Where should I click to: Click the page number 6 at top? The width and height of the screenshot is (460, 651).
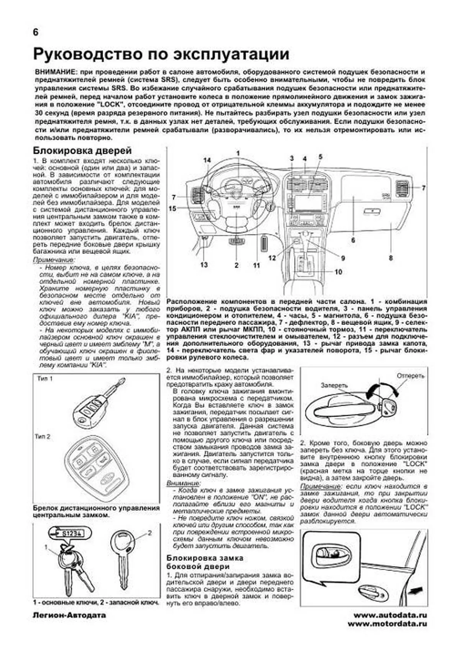tap(36, 33)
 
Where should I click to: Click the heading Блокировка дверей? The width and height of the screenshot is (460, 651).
tap(82, 150)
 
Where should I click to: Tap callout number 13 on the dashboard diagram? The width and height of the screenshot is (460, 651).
tap(204, 264)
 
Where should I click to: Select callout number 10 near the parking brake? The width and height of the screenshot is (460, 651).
tap(338, 272)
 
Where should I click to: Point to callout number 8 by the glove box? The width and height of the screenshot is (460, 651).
tap(390, 258)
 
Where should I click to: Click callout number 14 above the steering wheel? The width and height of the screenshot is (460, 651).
tap(207, 160)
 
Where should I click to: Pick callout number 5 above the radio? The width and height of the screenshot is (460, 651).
tap(320, 157)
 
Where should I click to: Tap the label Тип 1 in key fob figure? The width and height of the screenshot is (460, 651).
tap(45, 379)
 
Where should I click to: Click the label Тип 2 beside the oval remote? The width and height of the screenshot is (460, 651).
tap(42, 437)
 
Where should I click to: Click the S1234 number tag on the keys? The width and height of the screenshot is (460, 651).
tap(72, 533)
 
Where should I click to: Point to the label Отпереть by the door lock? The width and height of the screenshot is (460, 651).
tap(411, 375)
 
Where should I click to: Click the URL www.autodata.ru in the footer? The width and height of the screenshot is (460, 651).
tap(389, 615)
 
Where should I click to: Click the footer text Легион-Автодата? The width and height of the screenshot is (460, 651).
tap(69, 615)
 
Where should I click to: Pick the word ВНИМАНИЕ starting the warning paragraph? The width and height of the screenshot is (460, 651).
tap(54, 73)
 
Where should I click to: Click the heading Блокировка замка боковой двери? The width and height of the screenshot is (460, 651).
tap(205, 562)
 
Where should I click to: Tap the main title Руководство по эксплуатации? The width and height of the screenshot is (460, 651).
tap(161, 54)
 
